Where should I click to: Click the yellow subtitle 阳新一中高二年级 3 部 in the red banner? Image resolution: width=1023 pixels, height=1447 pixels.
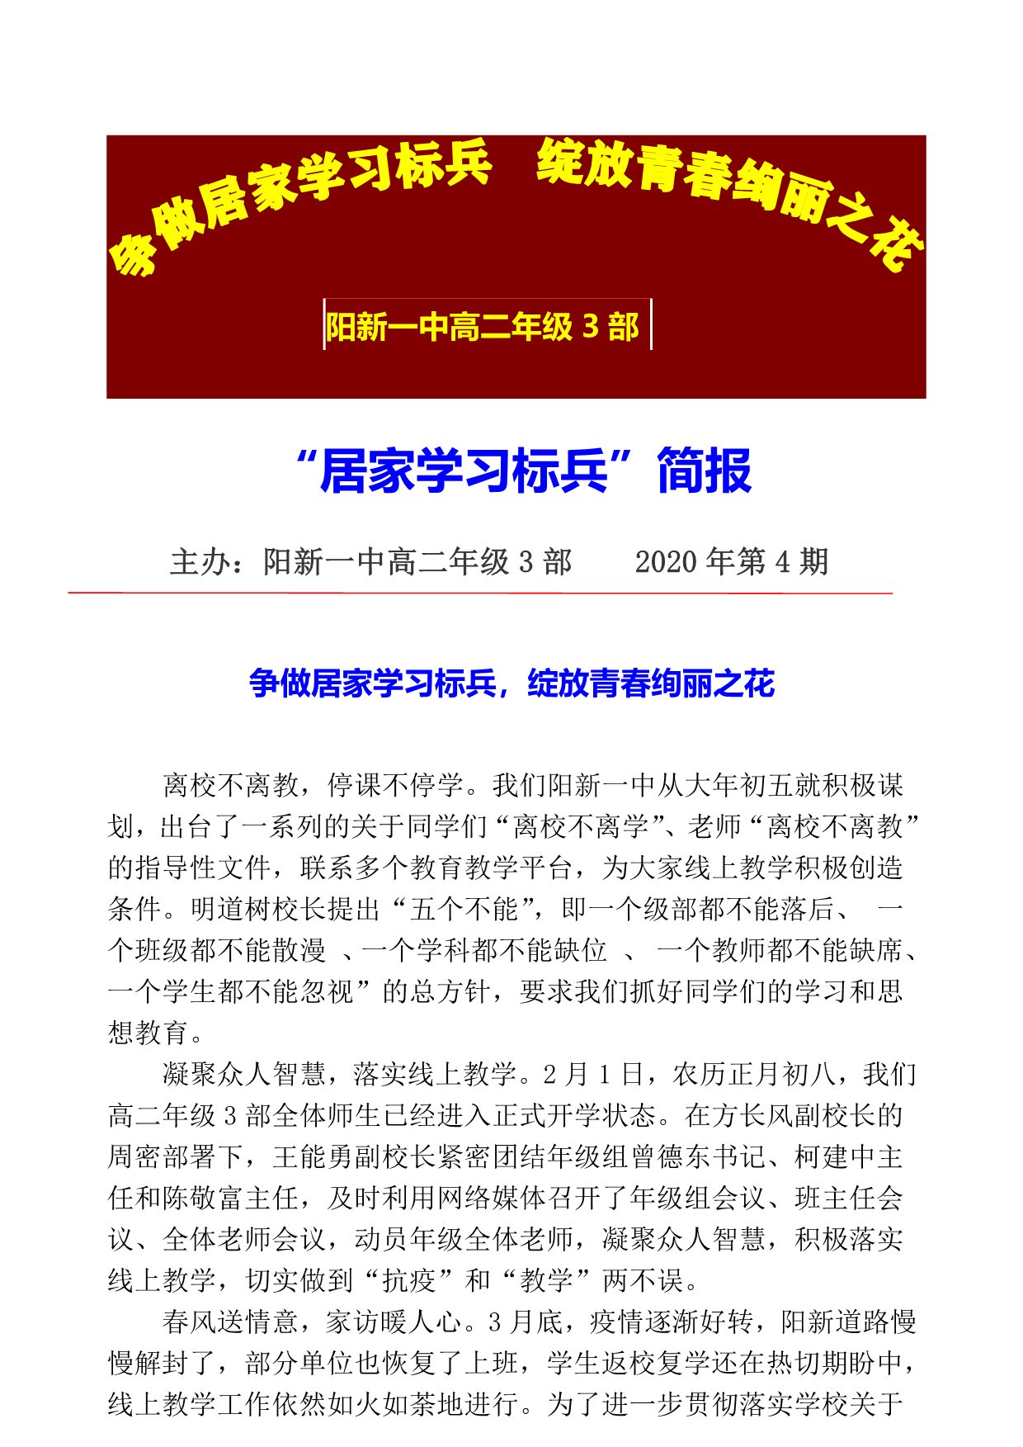[x=483, y=327]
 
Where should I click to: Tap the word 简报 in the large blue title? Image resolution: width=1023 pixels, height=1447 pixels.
[x=704, y=471]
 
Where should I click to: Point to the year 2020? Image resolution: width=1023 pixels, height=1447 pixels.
[x=666, y=562]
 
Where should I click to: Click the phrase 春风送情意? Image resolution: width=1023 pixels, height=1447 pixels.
[x=231, y=1322]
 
